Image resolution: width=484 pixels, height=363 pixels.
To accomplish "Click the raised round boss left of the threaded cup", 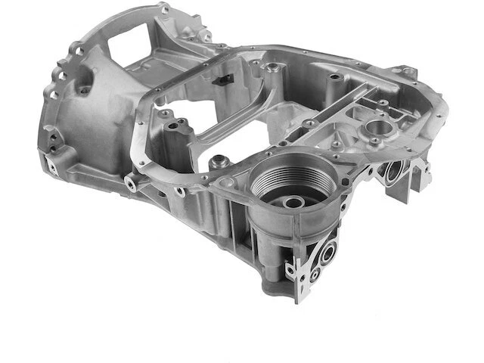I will click(220, 162).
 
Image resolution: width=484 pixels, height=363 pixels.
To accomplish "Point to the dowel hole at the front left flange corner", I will click(133, 183).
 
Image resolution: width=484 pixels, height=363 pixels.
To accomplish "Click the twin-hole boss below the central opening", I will click(173, 120).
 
